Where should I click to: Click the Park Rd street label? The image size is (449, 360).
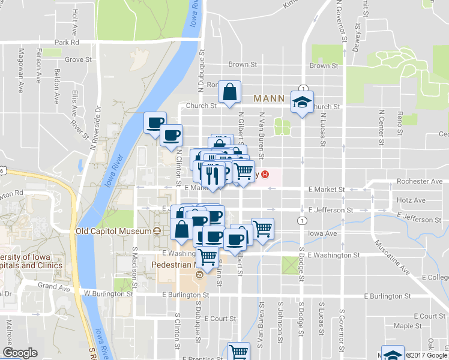pyautogui.click(x=67, y=43)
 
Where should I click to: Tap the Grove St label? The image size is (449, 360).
pyautogui.click(x=78, y=59)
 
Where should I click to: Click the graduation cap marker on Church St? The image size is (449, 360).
pyautogui.click(x=302, y=101)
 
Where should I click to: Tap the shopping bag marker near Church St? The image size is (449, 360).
pyautogui.click(x=230, y=92)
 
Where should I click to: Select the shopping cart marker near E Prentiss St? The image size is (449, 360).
pyautogui.click(x=239, y=350)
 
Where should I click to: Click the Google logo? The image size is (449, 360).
pyautogui.click(x=20, y=353)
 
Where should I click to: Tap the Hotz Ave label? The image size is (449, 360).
pyautogui.click(x=411, y=200)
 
